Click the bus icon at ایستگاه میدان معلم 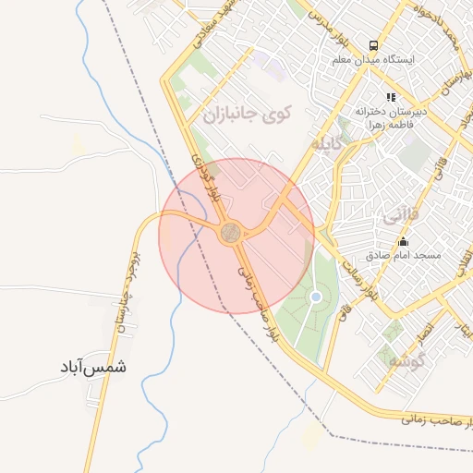[x=373, y=44]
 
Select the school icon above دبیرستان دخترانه [x=391, y=96]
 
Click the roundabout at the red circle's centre [x=231, y=233]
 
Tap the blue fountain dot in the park [x=316, y=297]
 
